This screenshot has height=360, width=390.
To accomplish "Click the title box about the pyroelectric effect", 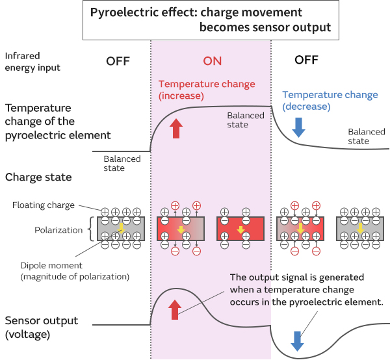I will click(211, 20).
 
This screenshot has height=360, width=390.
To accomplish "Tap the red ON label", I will click(213, 61).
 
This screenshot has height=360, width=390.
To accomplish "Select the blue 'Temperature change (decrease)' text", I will click(330, 100).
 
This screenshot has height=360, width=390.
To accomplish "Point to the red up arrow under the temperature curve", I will click(176, 129).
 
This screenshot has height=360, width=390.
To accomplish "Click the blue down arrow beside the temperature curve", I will click(298, 127).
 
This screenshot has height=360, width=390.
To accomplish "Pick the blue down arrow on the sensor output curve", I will click(297, 341).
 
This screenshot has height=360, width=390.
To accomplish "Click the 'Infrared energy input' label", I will click(32, 61).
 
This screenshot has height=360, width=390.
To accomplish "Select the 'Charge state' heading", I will click(38, 177).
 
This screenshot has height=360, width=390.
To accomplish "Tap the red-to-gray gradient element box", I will click(181, 229).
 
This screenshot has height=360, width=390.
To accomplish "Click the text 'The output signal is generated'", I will click(296, 277).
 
